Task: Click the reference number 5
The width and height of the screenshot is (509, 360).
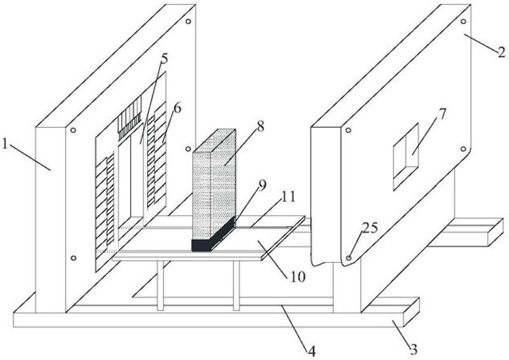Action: [164, 59]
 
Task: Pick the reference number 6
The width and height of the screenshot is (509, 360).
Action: [176, 108]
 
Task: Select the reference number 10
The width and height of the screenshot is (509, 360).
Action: [298, 277]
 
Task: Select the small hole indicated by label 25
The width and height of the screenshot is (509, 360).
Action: [349, 258]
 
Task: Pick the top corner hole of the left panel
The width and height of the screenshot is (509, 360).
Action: [189, 21]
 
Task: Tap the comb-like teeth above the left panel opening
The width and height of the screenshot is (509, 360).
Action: [131, 119]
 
